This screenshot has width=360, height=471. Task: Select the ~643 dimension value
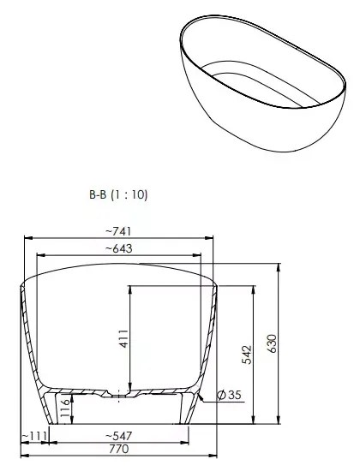point(117,247)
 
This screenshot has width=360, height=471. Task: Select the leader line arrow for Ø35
point(203,397)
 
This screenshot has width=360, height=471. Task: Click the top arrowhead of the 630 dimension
point(279,266)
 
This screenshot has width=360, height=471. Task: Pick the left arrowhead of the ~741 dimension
point(22,236)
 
